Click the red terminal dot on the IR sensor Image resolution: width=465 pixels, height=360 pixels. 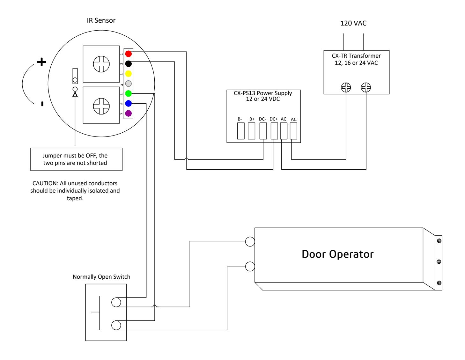tap(128, 54)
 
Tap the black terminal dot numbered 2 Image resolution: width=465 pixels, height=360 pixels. tap(128, 63)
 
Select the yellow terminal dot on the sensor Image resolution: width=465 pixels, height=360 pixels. tap(128, 74)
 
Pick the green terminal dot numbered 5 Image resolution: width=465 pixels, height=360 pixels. tap(128, 93)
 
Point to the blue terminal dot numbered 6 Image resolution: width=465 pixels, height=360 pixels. tap(128, 104)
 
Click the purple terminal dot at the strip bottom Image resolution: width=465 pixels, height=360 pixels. tap(128, 114)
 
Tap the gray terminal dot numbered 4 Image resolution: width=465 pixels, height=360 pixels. tap(128, 84)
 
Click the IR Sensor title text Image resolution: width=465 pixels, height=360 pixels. tap(101, 20)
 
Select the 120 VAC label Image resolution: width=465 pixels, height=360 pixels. tap(353, 23)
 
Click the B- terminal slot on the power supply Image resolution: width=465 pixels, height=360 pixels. tap(240, 131)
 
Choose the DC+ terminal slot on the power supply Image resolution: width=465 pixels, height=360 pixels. tap(274, 131)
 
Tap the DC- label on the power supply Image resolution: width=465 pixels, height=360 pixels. tap(262, 119)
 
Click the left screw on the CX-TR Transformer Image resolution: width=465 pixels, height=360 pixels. tap(346, 87)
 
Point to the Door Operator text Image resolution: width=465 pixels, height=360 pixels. tap(337, 254)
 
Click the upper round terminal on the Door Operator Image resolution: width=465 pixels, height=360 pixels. tap(250, 241)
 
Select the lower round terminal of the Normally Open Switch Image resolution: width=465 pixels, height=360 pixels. tap(116, 325)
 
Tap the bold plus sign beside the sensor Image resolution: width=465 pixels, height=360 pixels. tap(41, 62)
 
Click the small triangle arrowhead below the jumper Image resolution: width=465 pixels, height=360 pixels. tap(75, 95)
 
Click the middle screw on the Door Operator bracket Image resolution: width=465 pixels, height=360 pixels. tap(439, 262)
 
